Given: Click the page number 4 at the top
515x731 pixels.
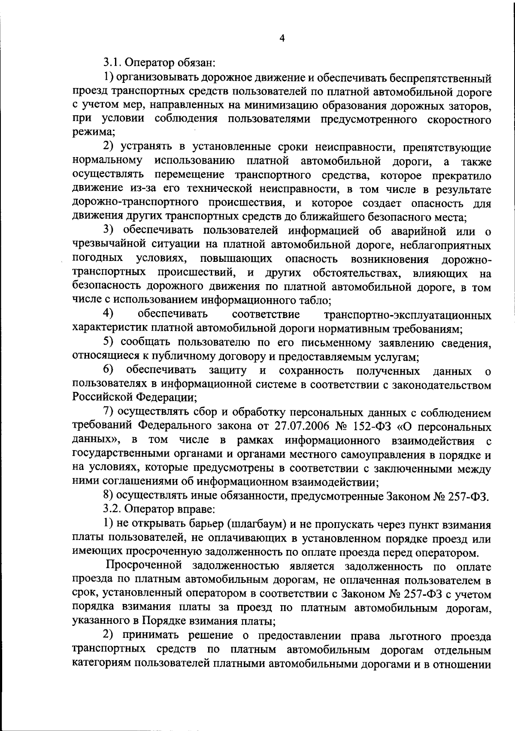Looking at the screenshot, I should click(x=282, y=38).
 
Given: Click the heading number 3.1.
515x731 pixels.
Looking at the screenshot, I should click(x=113, y=63).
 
